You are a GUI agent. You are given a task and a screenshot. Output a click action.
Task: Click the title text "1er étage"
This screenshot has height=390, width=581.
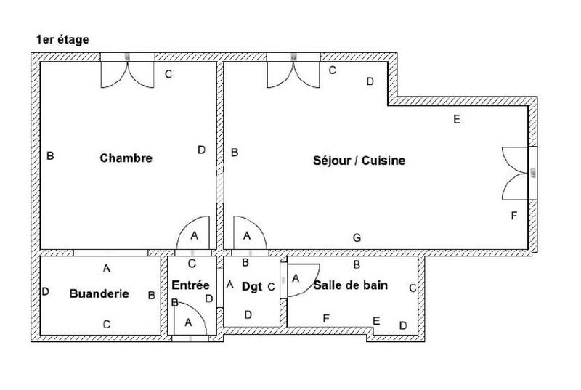(x=62, y=40)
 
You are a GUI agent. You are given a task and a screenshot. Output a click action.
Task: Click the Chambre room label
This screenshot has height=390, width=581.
(x=126, y=158)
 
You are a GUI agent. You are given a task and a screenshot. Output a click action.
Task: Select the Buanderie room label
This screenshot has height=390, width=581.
(x=99, y=293)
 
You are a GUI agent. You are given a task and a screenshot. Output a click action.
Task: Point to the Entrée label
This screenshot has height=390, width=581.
(x=192, y=286)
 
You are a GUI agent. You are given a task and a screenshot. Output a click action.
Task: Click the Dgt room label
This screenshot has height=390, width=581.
(x=251, y=286)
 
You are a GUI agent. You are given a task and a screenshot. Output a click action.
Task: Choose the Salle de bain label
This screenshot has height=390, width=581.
(x=350, y=285)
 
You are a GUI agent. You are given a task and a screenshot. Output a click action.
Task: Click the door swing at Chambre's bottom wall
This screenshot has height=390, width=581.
(x=194, y=235)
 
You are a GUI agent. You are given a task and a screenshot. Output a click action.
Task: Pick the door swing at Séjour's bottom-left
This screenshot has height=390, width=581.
(x=248, y=235)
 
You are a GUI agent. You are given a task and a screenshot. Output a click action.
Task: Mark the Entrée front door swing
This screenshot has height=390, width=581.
(x=190, y=320)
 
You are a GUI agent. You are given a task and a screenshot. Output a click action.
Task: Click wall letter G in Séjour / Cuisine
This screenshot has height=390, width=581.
(x=357, y=237)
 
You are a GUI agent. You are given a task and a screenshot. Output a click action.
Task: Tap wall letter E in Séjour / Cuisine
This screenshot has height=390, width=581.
(x=456, y=120)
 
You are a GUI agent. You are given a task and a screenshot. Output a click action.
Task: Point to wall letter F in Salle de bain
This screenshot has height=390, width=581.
(x=326, y=317)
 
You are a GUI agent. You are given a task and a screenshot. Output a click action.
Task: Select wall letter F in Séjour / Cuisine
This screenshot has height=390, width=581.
(x=514, y=216)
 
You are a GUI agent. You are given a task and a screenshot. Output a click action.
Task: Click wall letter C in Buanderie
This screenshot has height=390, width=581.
(x=106, y=324)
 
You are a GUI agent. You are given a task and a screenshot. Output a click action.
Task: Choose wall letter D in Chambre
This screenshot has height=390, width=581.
(x=201, y=150)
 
